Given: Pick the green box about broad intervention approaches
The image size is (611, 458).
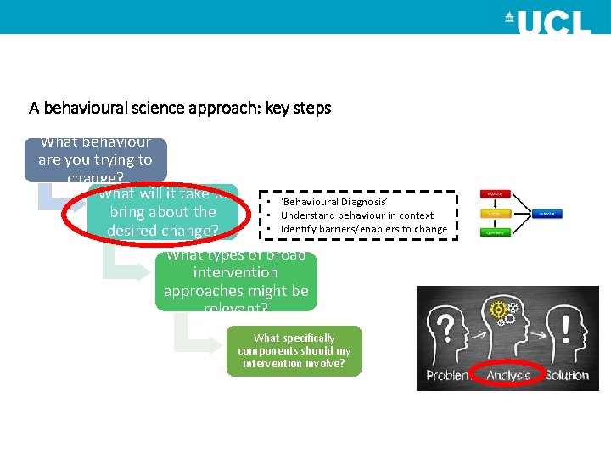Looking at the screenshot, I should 236,281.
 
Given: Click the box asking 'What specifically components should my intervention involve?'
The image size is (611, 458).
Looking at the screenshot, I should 294,350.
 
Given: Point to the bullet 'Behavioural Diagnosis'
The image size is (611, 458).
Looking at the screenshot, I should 334,202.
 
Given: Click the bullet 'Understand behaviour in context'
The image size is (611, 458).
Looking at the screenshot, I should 356,215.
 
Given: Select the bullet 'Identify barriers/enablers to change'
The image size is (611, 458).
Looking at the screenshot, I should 363,229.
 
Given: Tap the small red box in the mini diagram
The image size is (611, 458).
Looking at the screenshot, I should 496,194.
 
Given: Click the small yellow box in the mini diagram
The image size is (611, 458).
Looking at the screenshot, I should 496,214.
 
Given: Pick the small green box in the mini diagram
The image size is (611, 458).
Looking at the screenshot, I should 496,232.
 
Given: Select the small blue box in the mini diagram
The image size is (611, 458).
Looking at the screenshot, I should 548,214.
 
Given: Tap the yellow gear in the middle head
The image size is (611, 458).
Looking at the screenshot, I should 498,310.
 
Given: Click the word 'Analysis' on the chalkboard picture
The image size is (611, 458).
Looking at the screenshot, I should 508,376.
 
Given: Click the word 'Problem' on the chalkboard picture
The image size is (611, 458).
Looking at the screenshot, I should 450,376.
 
